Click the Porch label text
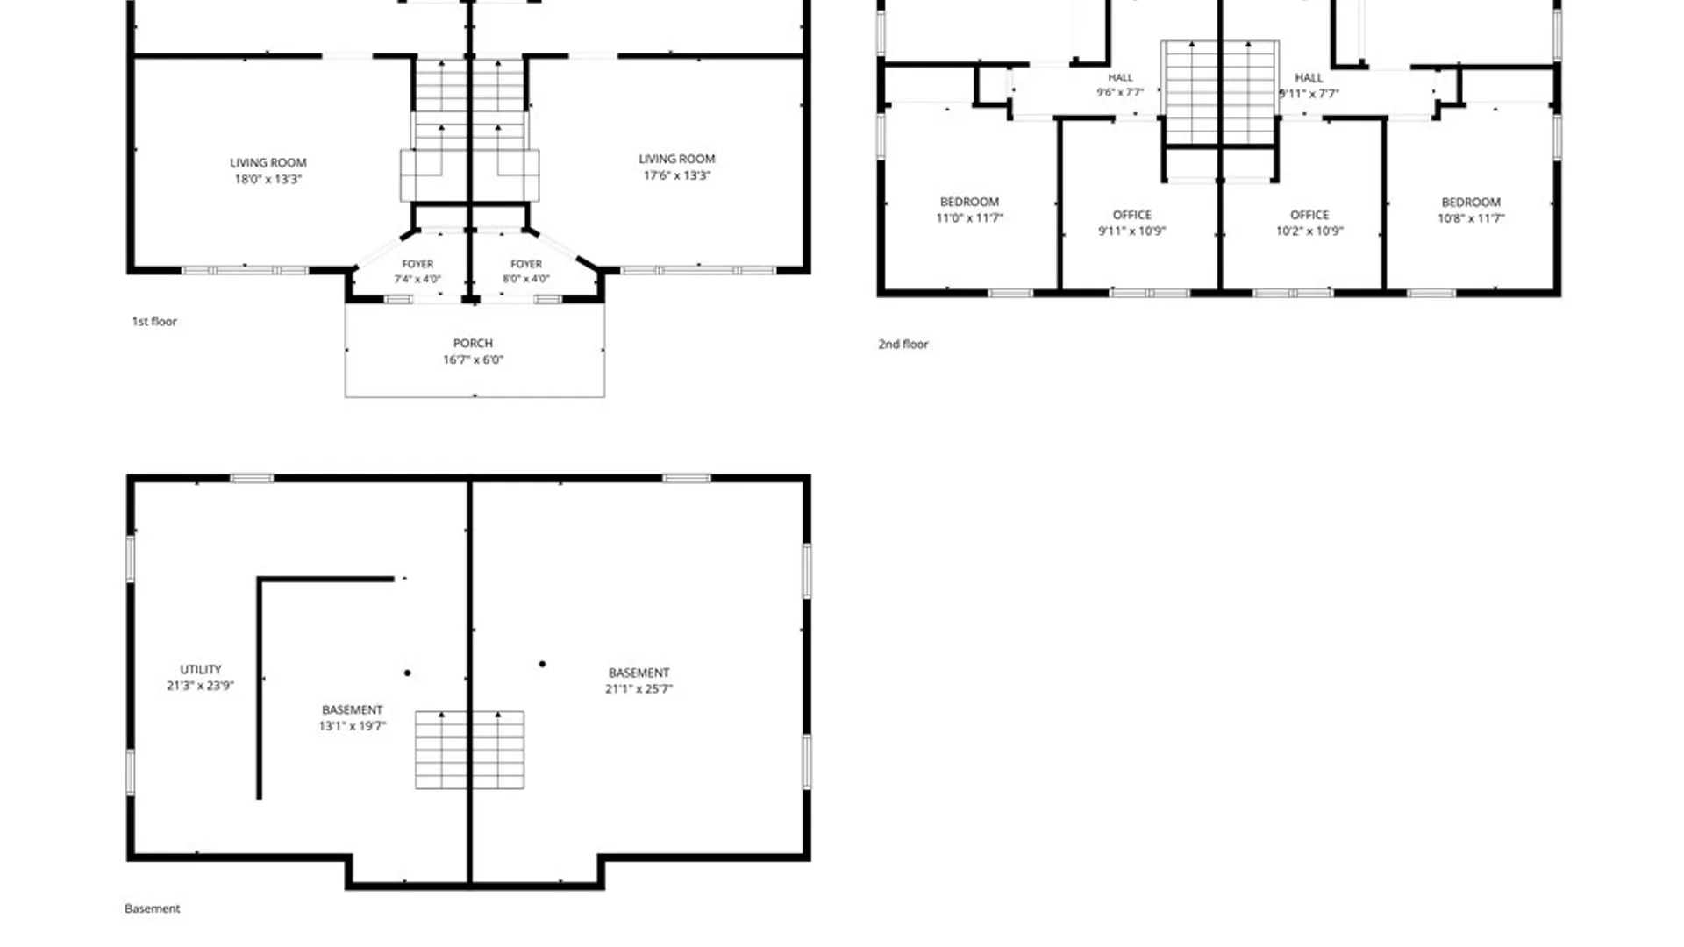pos(473,343)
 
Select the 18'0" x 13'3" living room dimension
pos(268,179)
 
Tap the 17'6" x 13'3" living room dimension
pos(676,175)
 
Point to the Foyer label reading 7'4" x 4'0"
pos(417,271)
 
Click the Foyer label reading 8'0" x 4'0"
pos(526,271)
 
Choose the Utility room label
pos(201,669)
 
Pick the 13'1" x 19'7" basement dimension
pos(352,726)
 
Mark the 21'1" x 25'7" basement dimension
pos(639,689)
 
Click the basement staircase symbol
pos(470,750)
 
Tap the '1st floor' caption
pos(154,322)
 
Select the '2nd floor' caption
pos(903,345)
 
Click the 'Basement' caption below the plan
pos(152,908)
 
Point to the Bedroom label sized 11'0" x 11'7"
pos(969,210)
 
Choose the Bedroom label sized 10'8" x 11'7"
pos(1471,210)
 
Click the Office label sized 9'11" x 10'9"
pos(1131,223)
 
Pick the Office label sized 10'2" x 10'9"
pos(1309,223)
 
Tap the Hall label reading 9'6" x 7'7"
pos(1120,85)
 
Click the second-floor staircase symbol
pos(1219,92)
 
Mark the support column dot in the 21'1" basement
pos(542,664)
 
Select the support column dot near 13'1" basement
pos(407,673)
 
